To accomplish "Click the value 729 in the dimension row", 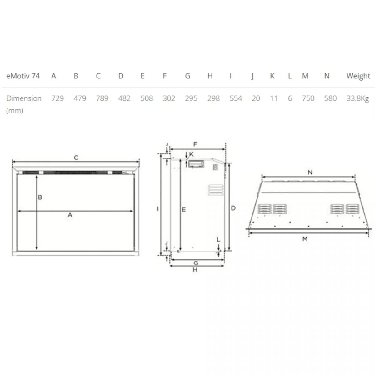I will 57,98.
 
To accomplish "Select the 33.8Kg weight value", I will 358,98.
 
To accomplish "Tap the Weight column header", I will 358,76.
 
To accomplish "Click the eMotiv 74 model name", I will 23,76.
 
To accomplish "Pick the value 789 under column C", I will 102,98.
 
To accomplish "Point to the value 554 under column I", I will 236,98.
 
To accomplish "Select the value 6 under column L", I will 290,98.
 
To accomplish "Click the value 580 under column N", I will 330,98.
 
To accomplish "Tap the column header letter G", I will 187,76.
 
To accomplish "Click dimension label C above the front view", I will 76,157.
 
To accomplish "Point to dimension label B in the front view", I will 40,197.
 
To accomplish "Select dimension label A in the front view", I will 70,215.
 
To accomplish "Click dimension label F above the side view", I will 195,144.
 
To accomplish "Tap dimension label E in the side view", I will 184,210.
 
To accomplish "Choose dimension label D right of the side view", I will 233,208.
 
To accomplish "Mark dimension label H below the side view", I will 195,270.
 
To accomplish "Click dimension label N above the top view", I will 310,172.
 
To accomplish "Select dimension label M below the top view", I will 305,239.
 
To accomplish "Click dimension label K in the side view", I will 191,154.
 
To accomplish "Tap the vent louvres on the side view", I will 216,190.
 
